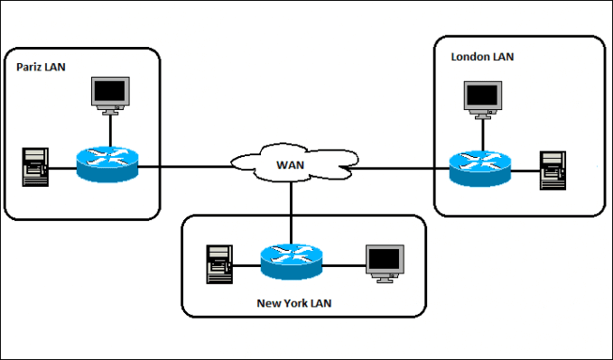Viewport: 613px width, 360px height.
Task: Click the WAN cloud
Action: click(x=289, y=165)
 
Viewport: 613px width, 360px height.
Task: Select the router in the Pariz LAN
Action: click(x=107, y=167)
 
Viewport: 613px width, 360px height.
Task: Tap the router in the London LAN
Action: click(x=479, y=168)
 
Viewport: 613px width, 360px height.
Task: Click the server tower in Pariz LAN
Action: click(x=34, y=168)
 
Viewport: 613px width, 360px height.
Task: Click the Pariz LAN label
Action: click(x=42, y=67)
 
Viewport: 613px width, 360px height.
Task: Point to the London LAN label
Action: click(x=482, y=56)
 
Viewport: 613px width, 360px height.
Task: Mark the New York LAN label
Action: click(x=293, y=303)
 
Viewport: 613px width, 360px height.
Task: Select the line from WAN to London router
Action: click(x=397, y=167)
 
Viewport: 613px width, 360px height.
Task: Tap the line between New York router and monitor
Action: click(x=343, y=264)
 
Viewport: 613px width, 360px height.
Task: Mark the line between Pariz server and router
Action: click(x=61, y=168)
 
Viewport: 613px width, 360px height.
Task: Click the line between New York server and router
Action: click(x=246, y=264)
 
